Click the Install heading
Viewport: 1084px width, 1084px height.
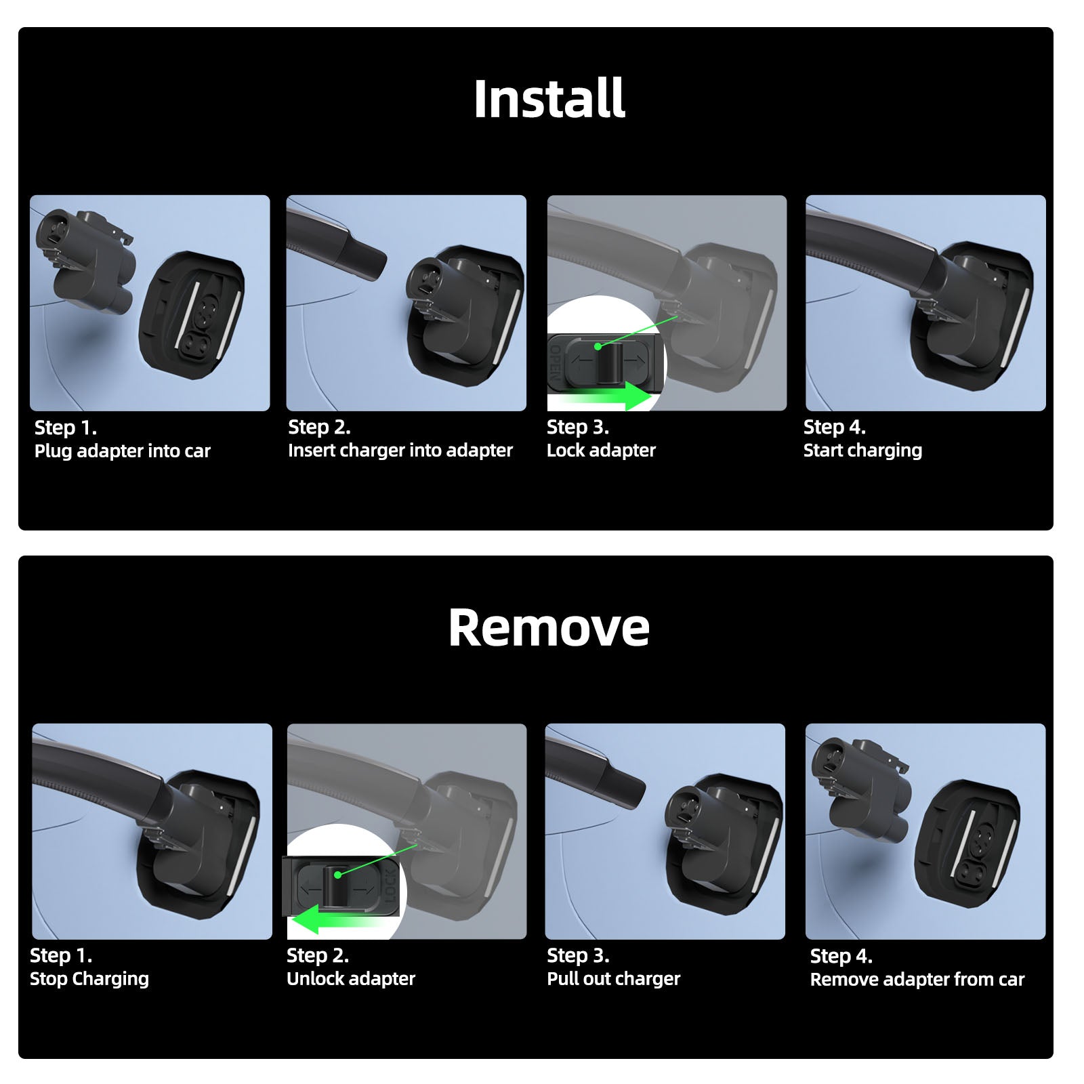tap(549, 99)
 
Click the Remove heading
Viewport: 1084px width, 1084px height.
tap(549, 627)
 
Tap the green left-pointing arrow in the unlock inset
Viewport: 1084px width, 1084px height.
tap(339, 919)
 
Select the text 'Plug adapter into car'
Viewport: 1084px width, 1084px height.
tap(123, 451)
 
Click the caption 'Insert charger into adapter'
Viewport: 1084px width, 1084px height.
tap(400, 451)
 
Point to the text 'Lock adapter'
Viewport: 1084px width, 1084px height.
tap(601, 451)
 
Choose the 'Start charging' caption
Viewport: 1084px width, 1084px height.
tap(862, 451)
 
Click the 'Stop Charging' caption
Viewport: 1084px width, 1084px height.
tap(89, 979)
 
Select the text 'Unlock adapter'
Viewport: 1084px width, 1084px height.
tap(351, 979)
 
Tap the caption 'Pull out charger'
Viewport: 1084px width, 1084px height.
tap(613, 979)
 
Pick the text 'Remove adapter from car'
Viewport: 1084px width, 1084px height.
tap(917, 980)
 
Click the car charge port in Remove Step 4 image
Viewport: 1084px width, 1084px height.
tap(967, 844)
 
